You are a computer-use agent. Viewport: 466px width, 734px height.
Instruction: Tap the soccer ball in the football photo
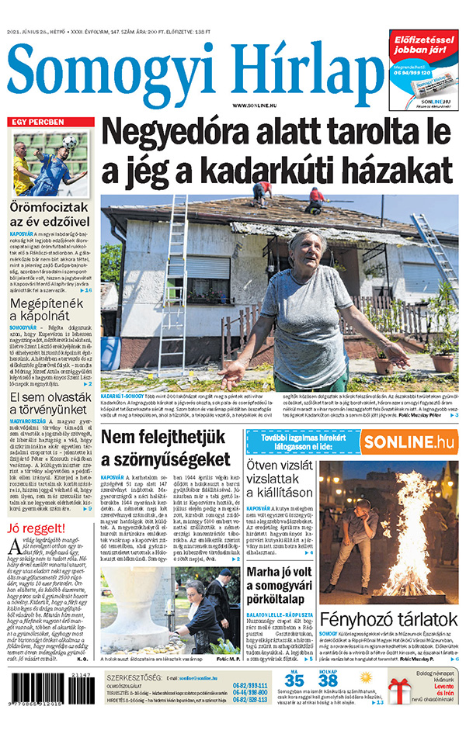[x=69, y=142]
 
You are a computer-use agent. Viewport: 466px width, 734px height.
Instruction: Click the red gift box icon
[x=402, y=689]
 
